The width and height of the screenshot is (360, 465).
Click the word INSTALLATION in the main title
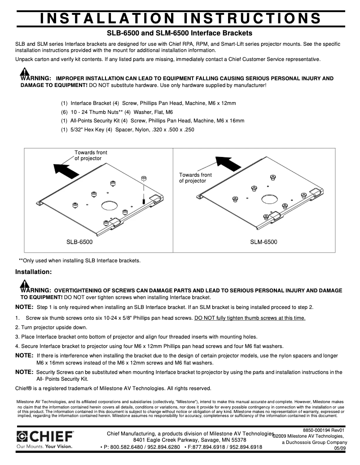105,18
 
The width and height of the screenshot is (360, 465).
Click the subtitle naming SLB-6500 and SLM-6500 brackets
179,33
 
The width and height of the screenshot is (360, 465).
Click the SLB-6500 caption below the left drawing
79,242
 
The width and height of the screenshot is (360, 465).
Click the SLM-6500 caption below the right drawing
263,242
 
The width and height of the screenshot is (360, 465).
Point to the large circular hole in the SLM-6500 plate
268,198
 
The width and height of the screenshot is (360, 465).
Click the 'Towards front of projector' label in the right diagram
195,178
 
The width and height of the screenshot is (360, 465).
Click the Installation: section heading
34,272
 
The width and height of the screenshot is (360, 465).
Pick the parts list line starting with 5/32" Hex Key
127,130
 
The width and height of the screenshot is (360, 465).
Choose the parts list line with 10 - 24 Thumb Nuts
117,112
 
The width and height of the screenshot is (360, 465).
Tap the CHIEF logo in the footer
45,436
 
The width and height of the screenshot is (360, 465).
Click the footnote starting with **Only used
79,261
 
